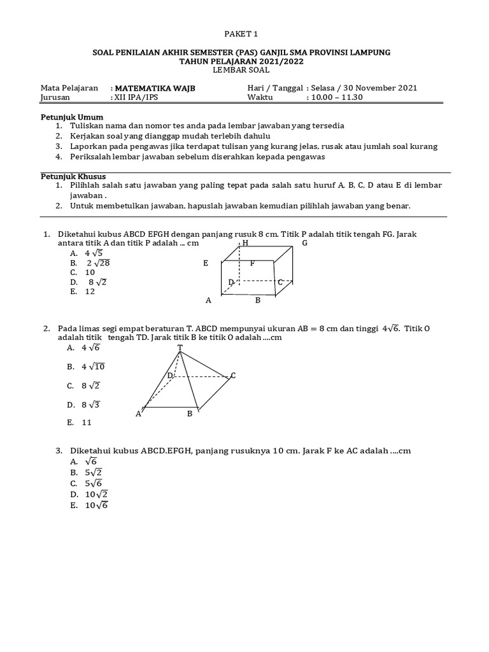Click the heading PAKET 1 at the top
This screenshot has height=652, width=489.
244,34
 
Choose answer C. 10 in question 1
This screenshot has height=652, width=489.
83,272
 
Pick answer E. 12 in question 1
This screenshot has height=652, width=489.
83,291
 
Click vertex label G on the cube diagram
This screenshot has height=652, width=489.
304,243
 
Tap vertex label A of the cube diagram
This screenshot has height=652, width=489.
208,300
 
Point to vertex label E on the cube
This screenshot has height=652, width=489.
206,262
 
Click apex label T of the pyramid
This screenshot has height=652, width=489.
180,348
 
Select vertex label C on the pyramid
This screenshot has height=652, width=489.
233,376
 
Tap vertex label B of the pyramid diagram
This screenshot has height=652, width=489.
189,414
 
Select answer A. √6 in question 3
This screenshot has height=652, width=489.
83,461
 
